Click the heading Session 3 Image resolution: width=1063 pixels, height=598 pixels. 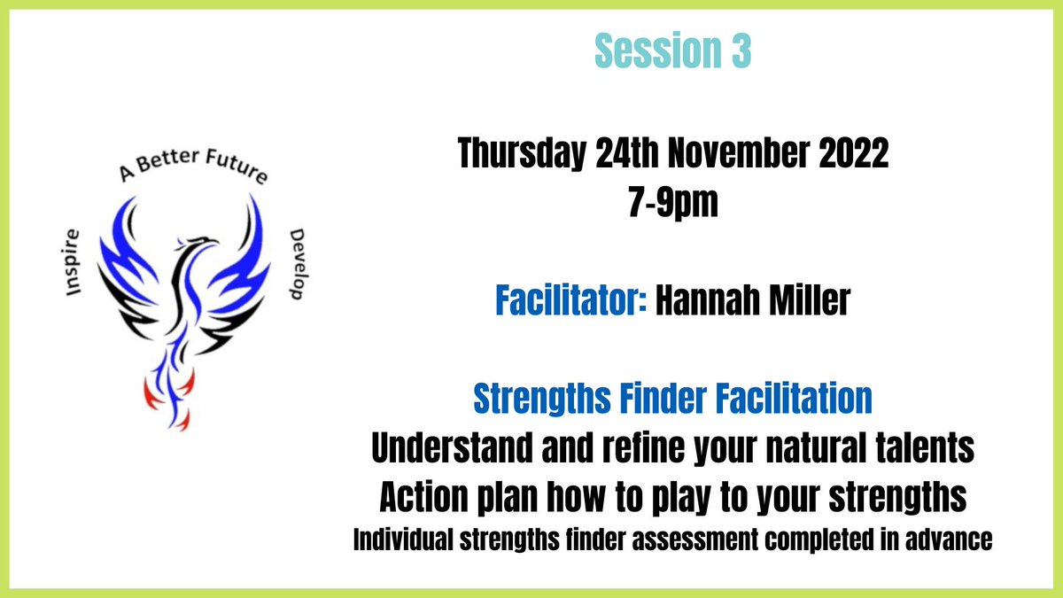(x=672, y=52)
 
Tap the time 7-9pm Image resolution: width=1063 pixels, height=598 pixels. (x=673, y=205)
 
